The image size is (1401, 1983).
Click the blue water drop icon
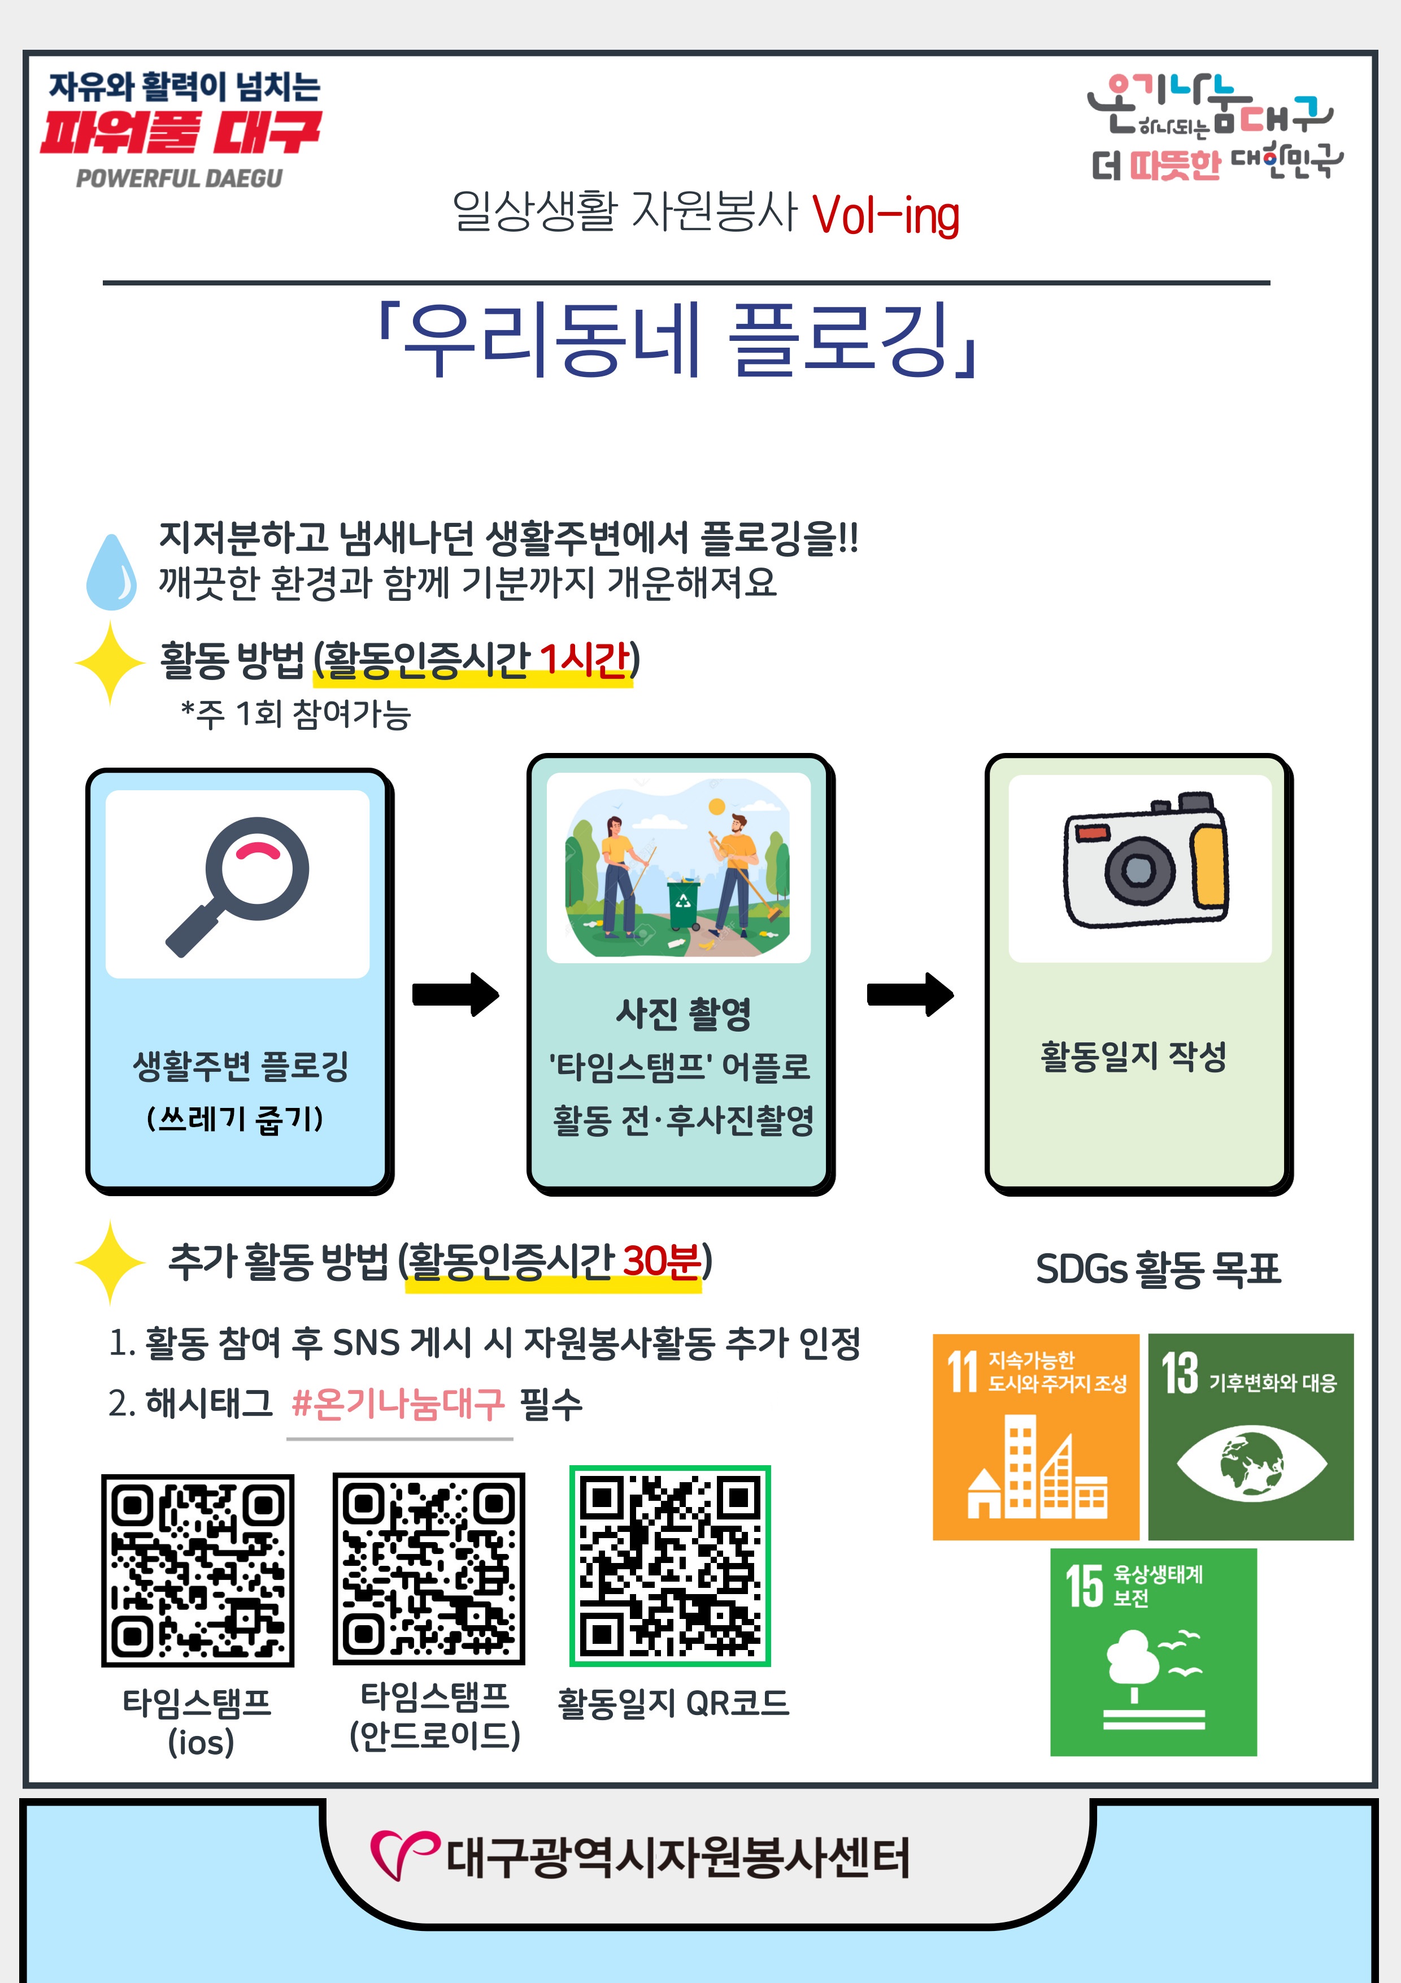[111, 571]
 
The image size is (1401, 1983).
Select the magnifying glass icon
[237, 886]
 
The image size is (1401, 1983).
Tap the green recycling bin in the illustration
[683, 903]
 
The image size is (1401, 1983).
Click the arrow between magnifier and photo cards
[456, 994]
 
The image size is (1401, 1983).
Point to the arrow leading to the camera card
[911, 994]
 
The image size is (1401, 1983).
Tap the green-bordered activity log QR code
[670, 1566]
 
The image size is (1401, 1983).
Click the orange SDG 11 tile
[1036, 1437]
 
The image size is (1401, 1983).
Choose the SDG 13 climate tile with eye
[1251, 1437]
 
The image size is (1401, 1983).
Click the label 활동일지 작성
[1133, 1055]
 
